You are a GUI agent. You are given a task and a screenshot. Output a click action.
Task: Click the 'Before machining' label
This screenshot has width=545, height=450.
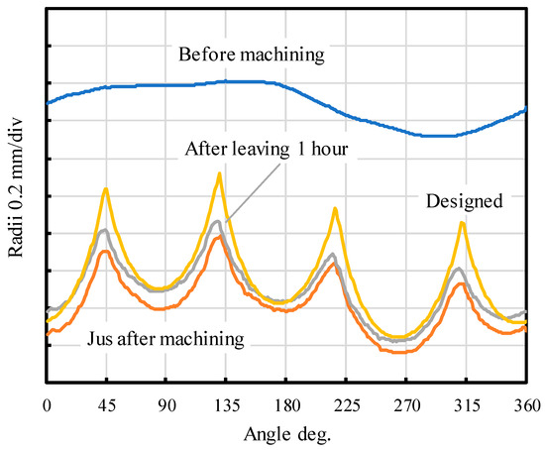click(252, 55)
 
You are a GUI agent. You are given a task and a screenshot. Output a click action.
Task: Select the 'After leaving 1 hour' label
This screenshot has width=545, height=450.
click(267, 150)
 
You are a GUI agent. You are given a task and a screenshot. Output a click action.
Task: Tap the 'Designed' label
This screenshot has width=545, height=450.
click(465, 201)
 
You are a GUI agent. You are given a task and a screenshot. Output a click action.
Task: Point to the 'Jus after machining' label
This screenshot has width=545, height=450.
click(165, 338)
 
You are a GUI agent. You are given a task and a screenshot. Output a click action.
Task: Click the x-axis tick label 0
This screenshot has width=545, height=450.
click(47, 405)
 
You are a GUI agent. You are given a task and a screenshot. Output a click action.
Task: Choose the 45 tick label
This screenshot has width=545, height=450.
click(106, 405)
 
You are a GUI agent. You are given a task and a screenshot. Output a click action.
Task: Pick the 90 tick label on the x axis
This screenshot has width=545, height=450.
click(166, 405)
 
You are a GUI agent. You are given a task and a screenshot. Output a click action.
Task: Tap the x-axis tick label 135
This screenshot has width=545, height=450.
click(226, 405)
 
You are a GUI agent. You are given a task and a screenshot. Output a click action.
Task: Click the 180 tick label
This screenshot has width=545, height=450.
click(286, 405)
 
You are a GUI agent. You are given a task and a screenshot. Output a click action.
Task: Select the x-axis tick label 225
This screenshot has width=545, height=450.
click(346, 405)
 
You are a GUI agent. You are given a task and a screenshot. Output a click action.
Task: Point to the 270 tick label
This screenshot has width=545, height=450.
click(406, 405)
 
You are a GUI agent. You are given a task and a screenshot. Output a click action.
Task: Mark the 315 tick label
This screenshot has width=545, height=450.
click(466, 405)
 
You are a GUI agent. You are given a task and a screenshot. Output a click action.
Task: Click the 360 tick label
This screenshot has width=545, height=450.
click(526, 405)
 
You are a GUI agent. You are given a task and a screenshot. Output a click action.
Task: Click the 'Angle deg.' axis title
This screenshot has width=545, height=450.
click(287, 435)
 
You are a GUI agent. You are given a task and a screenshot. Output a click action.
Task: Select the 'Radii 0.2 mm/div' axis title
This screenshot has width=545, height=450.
click(16, 187)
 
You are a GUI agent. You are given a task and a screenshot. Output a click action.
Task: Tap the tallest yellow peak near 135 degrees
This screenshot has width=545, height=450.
click(219, 173)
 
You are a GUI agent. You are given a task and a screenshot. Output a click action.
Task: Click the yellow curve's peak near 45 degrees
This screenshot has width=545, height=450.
click(106, 189)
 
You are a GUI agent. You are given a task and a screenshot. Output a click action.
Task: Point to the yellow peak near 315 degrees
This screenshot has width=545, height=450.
click(463, 223)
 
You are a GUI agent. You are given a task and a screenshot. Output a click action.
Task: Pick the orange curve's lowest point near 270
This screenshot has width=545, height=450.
click(403, 352)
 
